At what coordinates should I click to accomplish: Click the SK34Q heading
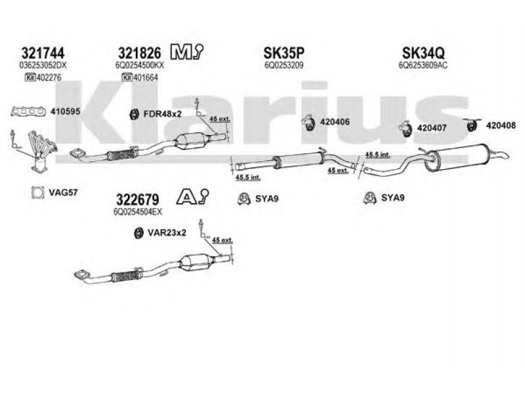421,53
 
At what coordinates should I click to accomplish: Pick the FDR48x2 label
161,114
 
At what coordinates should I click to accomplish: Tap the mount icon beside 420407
406,129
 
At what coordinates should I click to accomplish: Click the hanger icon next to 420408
471,124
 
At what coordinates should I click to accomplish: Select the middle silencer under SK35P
299,160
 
